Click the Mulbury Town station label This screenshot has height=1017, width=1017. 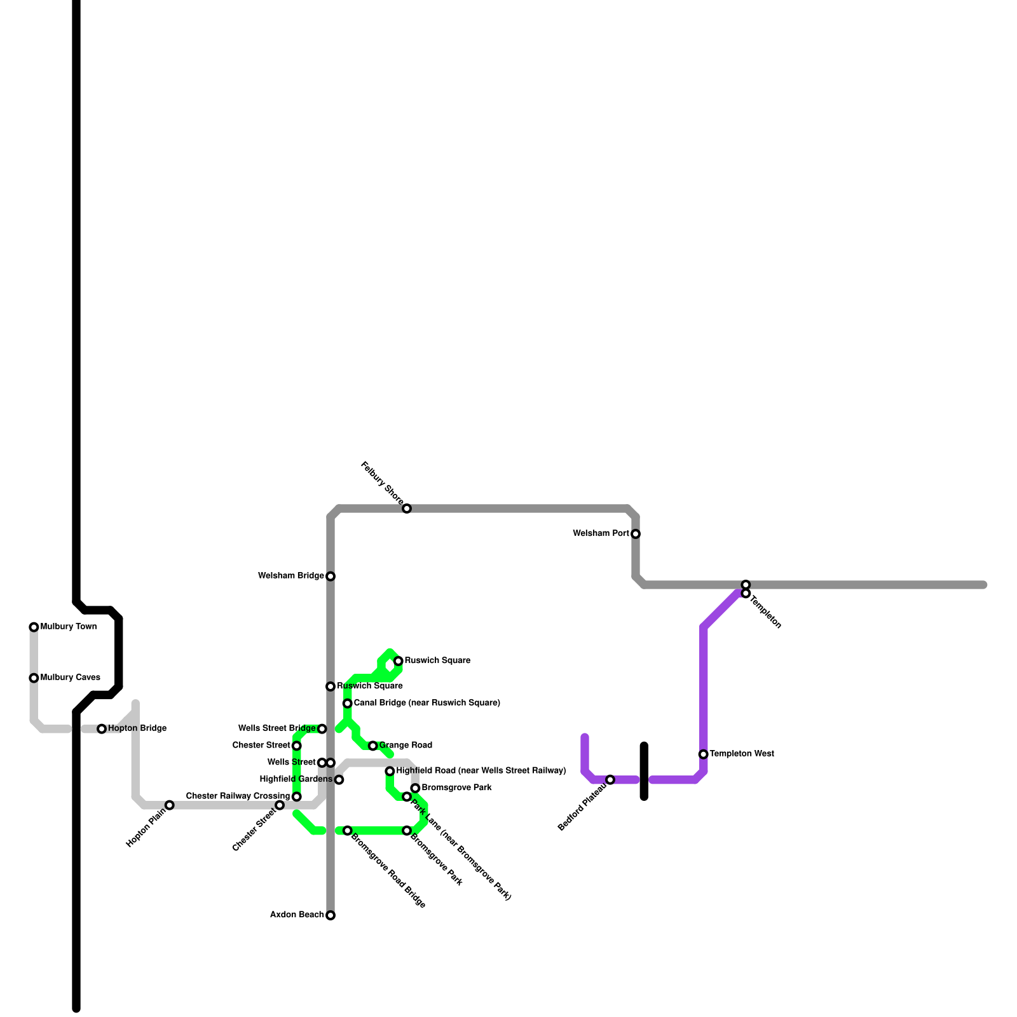69,627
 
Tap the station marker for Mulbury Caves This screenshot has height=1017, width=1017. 34,678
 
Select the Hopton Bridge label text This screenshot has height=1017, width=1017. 137,728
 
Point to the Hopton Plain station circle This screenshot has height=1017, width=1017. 170,805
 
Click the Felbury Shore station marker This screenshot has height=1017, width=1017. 407,508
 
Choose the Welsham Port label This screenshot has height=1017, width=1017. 601,534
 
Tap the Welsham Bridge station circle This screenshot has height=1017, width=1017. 331,577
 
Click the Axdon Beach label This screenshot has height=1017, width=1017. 297,915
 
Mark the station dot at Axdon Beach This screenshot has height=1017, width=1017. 331,915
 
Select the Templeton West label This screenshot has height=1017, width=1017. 742,754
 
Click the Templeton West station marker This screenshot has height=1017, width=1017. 703,754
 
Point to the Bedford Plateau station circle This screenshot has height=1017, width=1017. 610,780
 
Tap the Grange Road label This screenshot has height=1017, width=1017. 406,746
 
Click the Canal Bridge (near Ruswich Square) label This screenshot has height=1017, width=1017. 427,703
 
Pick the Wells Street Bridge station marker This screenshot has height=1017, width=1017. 322,729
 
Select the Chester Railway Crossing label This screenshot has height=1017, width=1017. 238,796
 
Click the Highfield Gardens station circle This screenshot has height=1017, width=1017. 339,780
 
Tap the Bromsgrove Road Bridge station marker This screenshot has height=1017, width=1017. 348,831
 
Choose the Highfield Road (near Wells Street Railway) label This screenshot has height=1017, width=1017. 481,771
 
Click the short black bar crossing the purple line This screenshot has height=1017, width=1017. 644,771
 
